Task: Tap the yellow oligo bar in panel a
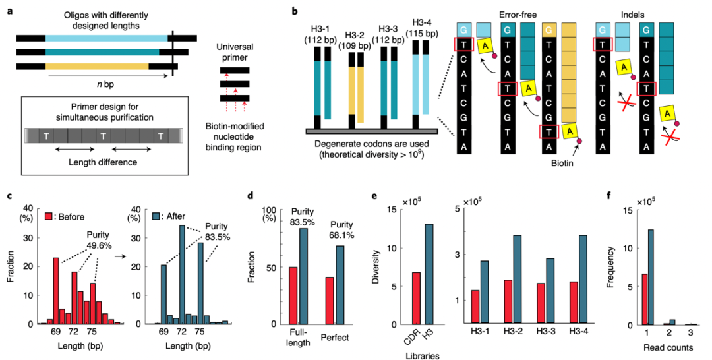pos(97,67)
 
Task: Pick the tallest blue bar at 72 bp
pos(181,274)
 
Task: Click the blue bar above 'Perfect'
pos(340,285)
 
